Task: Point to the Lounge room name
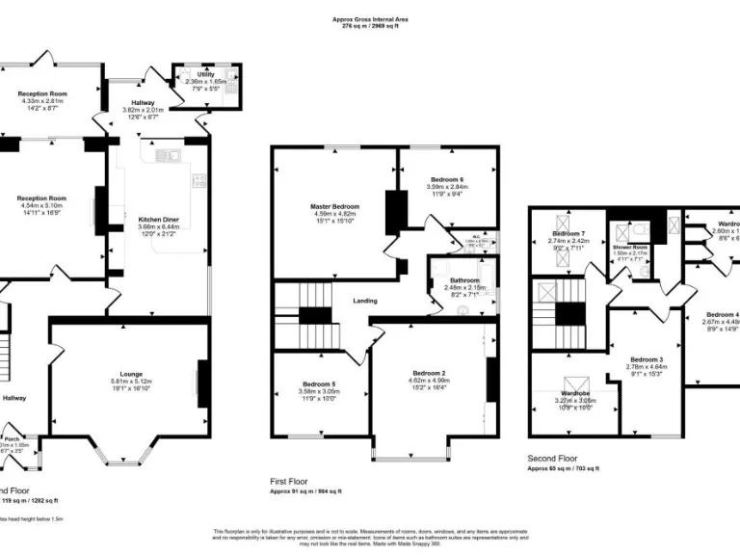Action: click(131, 374)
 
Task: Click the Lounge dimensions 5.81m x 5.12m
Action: click(131, 381)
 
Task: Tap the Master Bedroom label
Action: click(334, 207)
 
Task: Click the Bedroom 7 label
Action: click(568, 233)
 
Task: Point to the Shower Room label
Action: click(627, 246)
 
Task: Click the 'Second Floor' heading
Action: click(554, 459)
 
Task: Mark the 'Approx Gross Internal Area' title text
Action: click(369, 18)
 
